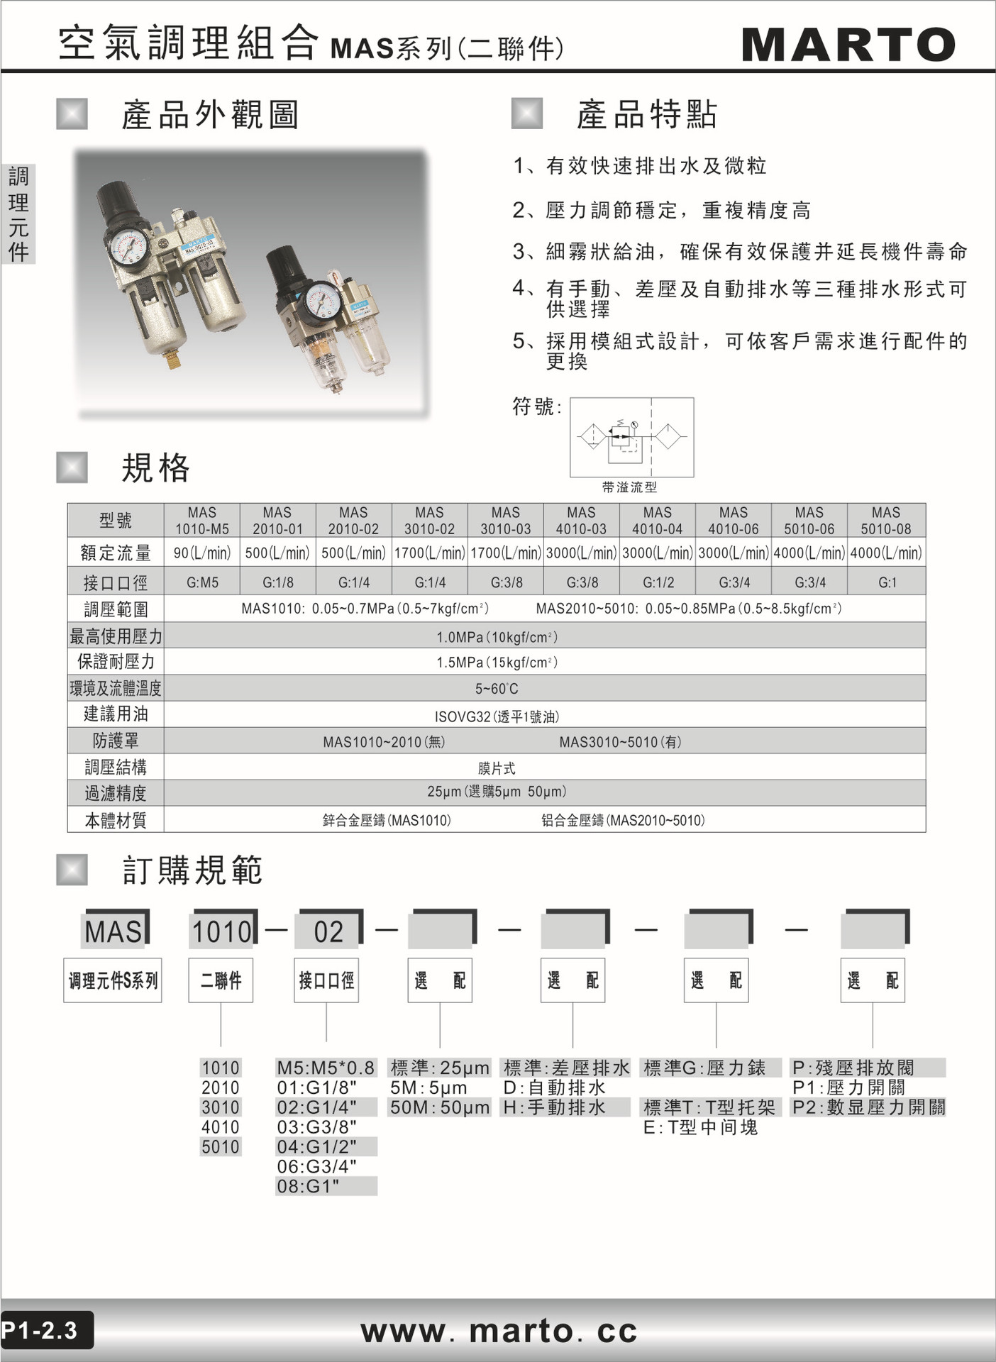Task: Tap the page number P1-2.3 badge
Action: pos(43,1330)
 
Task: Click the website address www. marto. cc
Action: pos(499,1330)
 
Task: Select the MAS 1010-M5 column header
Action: pos(202,520)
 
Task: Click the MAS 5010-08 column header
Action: pos(886,520)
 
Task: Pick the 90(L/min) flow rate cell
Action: pos(202,553)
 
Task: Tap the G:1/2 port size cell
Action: pos(658,582)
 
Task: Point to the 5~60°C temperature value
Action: pos(497,689)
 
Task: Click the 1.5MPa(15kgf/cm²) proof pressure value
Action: pos(497,662)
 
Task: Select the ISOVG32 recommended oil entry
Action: pos(497,716)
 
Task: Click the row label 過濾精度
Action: pos(116,793)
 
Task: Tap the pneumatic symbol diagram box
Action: pos(631,436)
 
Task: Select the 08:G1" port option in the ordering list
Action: pos(309,1185)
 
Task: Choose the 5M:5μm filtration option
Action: pos(428,1087)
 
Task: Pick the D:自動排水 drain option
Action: pos(554,1087)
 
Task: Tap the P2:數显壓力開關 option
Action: pos(868,1107)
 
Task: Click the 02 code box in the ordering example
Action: pos(328,931)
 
